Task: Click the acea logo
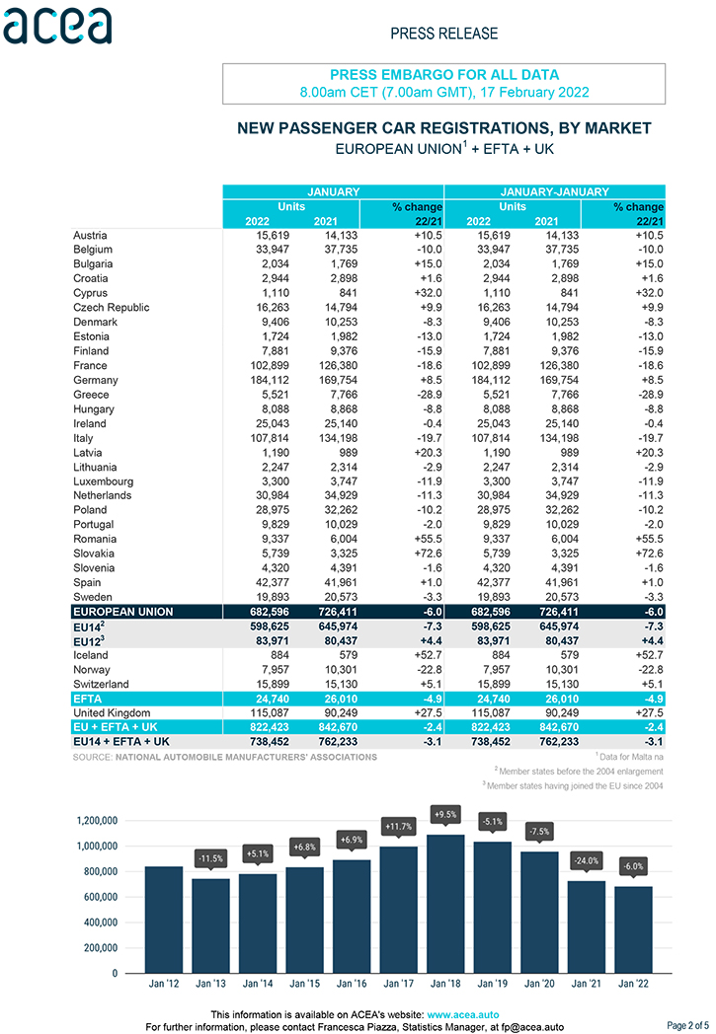click(57, 27)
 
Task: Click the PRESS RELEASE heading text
click(444, 34)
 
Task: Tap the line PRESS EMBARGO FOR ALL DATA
click(444, 75)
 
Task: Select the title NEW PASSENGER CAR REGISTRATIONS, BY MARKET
click(444, 128)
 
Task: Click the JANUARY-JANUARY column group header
click(554, 191)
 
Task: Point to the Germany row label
click(96, 380)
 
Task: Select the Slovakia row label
click(94, 554)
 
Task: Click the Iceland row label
click(91, 655)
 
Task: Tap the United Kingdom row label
click(112, 713)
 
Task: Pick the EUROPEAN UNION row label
click(123, 612)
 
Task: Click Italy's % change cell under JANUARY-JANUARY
click(651, 438)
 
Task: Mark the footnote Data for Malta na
click(630, 757)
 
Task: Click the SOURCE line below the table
click(225, 757)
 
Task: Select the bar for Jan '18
click(446, 904)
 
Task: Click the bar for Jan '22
click(633, 929)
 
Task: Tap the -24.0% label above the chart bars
click(587, 861)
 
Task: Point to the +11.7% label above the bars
click(399, 826)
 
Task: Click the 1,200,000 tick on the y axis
click(97, 820)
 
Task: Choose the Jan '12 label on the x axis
click(164, 984)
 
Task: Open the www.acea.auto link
click(463, 1014)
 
